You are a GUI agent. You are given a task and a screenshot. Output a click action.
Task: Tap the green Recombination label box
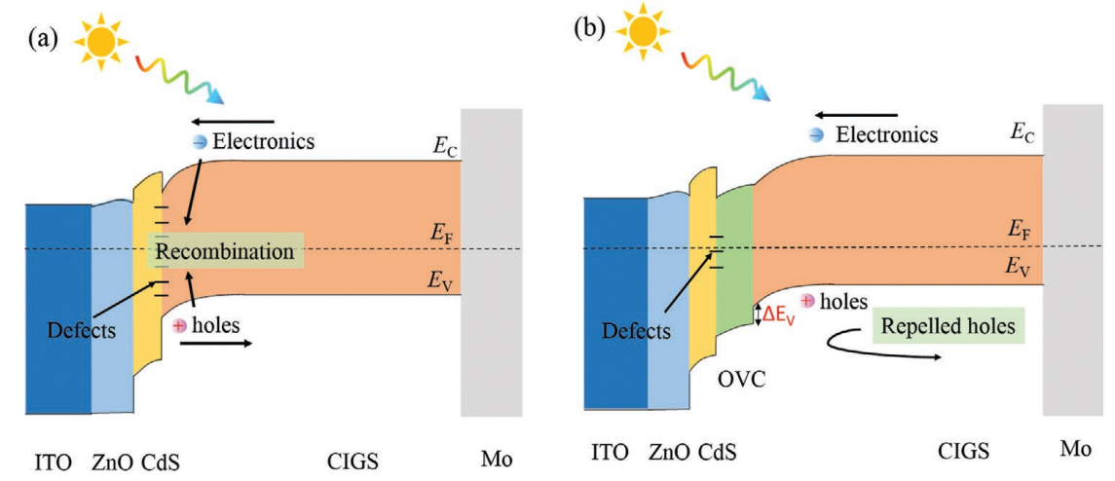coord(225,252)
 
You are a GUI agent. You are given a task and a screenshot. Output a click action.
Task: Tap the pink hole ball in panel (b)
coord(807,302)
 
